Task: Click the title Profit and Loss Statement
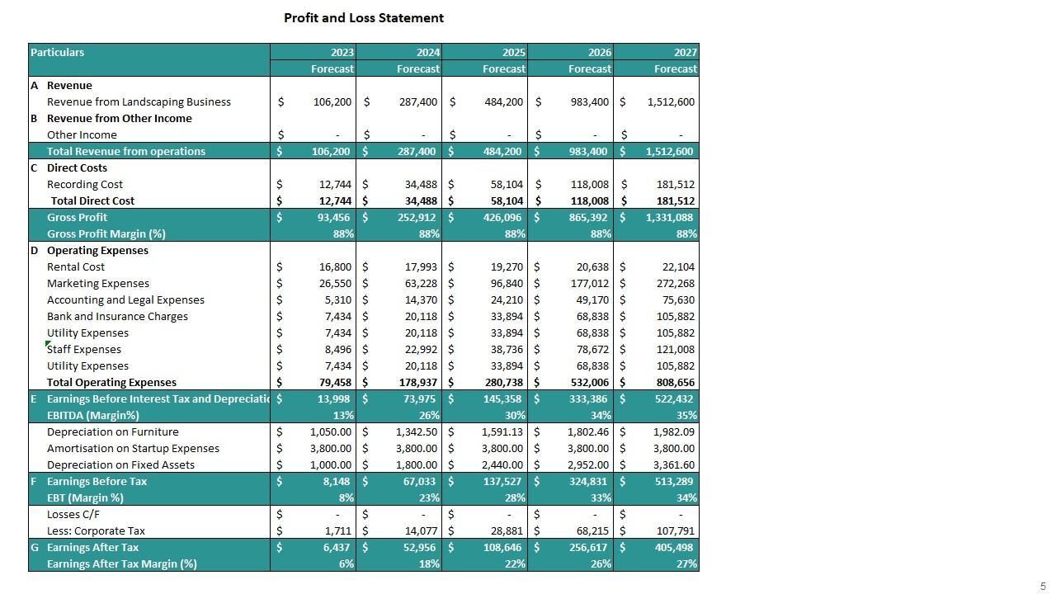(364, 17)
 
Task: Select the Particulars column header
(58, 52)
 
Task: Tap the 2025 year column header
(513, 52)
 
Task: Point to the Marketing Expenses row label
(98, 283)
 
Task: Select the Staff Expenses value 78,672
(589, 349)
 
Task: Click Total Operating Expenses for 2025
(502, 382)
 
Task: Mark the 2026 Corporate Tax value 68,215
(590, 530)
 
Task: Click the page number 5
(1043, 587)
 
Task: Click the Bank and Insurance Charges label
(117, 316)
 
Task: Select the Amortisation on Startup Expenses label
(133, 448)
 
